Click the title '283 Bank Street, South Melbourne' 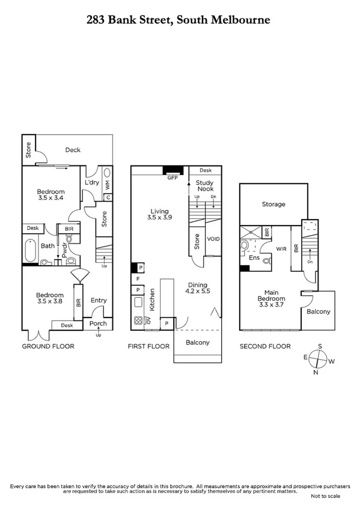point(179,20)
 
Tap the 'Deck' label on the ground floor point(73,150)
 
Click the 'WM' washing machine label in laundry point(108,186)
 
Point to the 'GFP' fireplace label point(173,178)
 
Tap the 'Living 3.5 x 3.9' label point(160,215)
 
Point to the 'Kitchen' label point(153,299)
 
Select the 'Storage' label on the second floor point(273,204)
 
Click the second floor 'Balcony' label point(319,312)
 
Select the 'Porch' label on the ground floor point(98,324)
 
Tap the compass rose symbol point(319,360)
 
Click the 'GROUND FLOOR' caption point(48,346)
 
